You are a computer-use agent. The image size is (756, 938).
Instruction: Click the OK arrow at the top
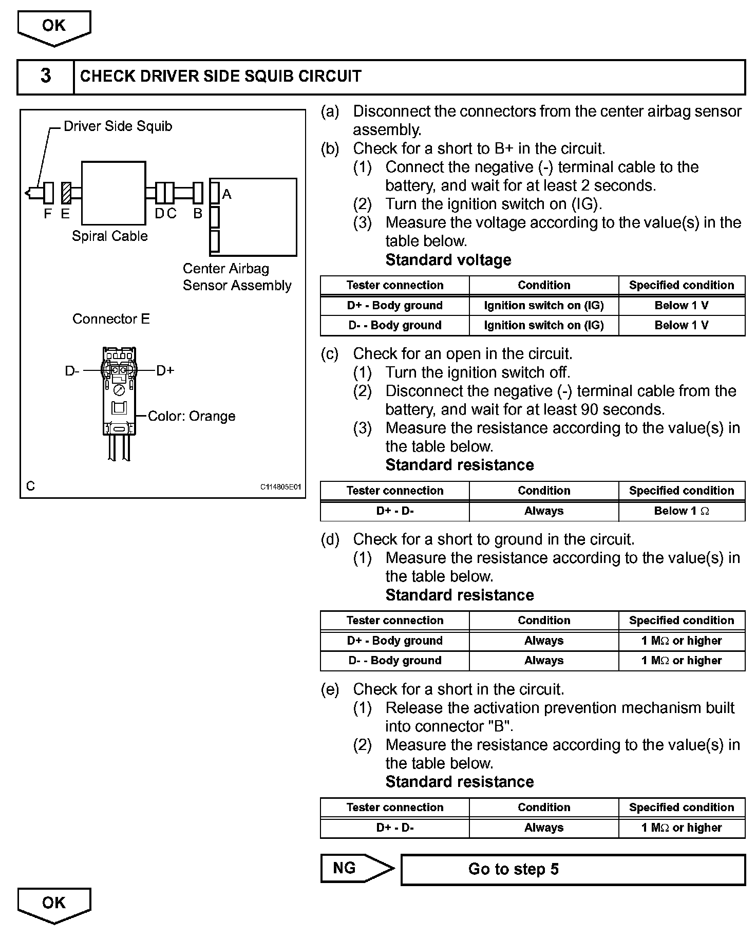point(54,27)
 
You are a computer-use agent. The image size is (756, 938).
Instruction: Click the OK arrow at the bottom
point(54,905)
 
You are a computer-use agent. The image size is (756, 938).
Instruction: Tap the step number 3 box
point(46,77)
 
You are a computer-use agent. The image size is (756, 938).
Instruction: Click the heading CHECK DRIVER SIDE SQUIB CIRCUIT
point(221,77)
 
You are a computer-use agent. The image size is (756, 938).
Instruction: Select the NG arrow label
point(345,869)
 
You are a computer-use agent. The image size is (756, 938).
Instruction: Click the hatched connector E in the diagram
point(66,193)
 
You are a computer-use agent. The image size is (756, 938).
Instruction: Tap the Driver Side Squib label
point(118,126)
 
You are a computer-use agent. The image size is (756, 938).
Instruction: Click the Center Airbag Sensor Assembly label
point(237,277)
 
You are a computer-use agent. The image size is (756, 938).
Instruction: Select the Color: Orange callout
point(191,416)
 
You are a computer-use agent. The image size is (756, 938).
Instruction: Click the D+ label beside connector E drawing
point(165,370)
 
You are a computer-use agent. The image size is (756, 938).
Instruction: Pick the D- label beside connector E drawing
point(72,371)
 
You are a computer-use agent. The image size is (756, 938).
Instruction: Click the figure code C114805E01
point(280,487)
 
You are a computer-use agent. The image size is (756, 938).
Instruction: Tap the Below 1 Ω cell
point(682,511)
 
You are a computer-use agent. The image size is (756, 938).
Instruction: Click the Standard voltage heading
point(448,260)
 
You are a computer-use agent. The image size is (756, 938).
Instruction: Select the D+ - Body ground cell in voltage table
point(394,306)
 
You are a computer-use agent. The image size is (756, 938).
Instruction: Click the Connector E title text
point(111,319)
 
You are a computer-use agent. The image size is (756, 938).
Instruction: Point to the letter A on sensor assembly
point(226,194)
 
